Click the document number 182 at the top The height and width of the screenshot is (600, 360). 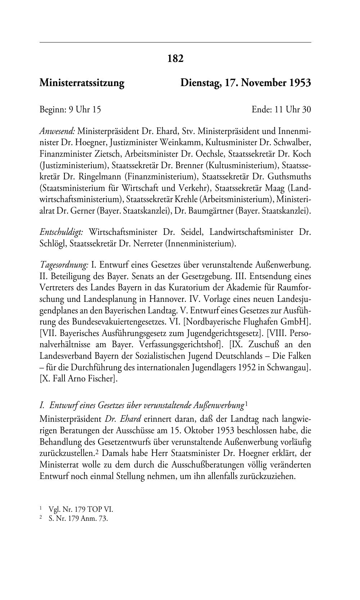pyautogui.click(x=175, y=58)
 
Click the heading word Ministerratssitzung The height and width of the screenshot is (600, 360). pyautogui.click(x=82, y=83)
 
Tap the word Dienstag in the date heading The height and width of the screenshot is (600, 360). pyautogui.click(x=200, y=83)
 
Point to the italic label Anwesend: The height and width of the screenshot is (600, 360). pyautogui.click(x=57, y=131)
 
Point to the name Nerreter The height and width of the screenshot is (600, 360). pyautogui.click(x=147, y=243)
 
